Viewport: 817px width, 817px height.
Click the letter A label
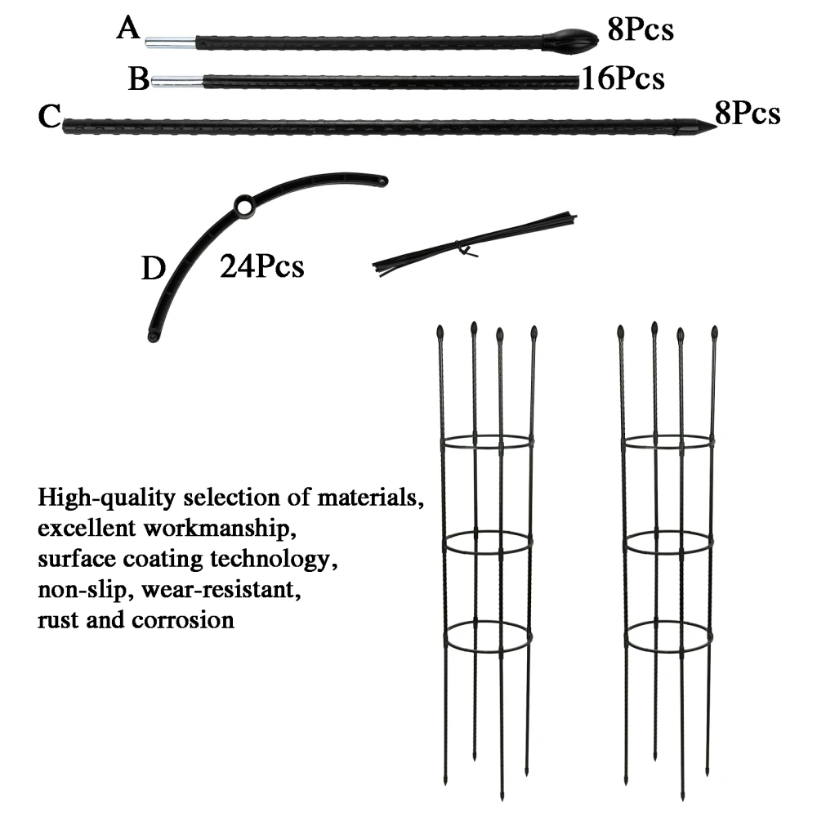[x=128, y=29]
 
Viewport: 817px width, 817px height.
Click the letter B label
[x=139, y=79]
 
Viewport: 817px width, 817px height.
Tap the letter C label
[x=49, y=117]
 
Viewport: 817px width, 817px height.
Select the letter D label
[x=153, y=268]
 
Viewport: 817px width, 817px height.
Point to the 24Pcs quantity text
[x=261, y=266]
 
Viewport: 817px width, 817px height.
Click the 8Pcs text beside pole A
[x=640, y=30]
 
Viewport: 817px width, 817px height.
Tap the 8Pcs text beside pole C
[x=747, y=114]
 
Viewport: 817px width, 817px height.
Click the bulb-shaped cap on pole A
[x=563, y=38]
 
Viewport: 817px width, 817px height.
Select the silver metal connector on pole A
[x=171, y=42]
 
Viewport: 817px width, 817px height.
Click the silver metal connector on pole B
[x=177, y=80]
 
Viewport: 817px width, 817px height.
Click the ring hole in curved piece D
[x=245, y=205]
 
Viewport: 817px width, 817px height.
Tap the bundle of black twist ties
[x=474, y=243]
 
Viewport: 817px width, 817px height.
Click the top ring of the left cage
[x=488, y=443]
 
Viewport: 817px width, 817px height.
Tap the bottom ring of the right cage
[x=669, y=636]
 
